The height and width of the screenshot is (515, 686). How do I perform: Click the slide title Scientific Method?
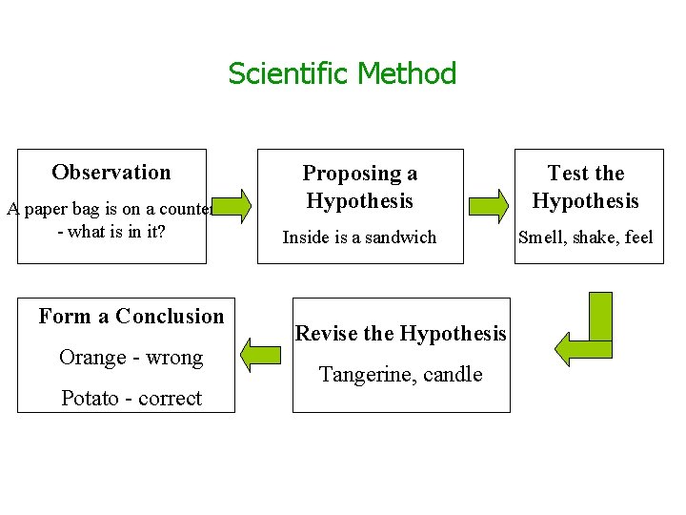[342, 73]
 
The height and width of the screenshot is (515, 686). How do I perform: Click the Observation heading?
[111, 173]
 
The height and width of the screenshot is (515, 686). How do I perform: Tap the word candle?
[454, 375]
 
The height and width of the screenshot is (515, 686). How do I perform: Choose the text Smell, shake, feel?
[585, 237]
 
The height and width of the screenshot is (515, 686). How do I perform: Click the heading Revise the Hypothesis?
[401, 334]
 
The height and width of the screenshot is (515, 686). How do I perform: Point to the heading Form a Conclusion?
[131, 317]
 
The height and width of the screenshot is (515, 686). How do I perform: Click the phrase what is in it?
[117, 232]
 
